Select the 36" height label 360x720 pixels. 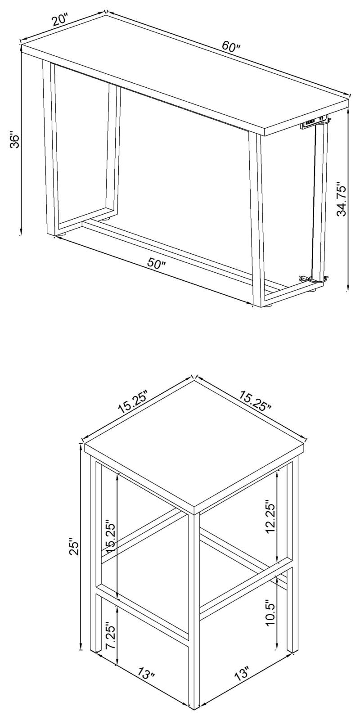(14, 140)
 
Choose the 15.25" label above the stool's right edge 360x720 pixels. (255, 402)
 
